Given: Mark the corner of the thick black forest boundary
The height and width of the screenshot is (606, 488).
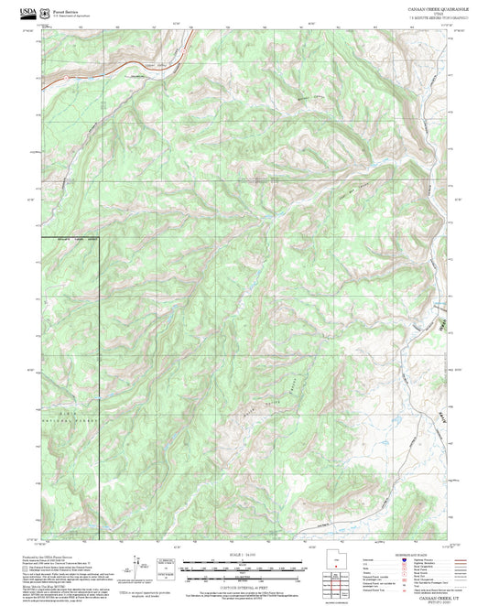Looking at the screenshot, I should coord(99,238).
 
